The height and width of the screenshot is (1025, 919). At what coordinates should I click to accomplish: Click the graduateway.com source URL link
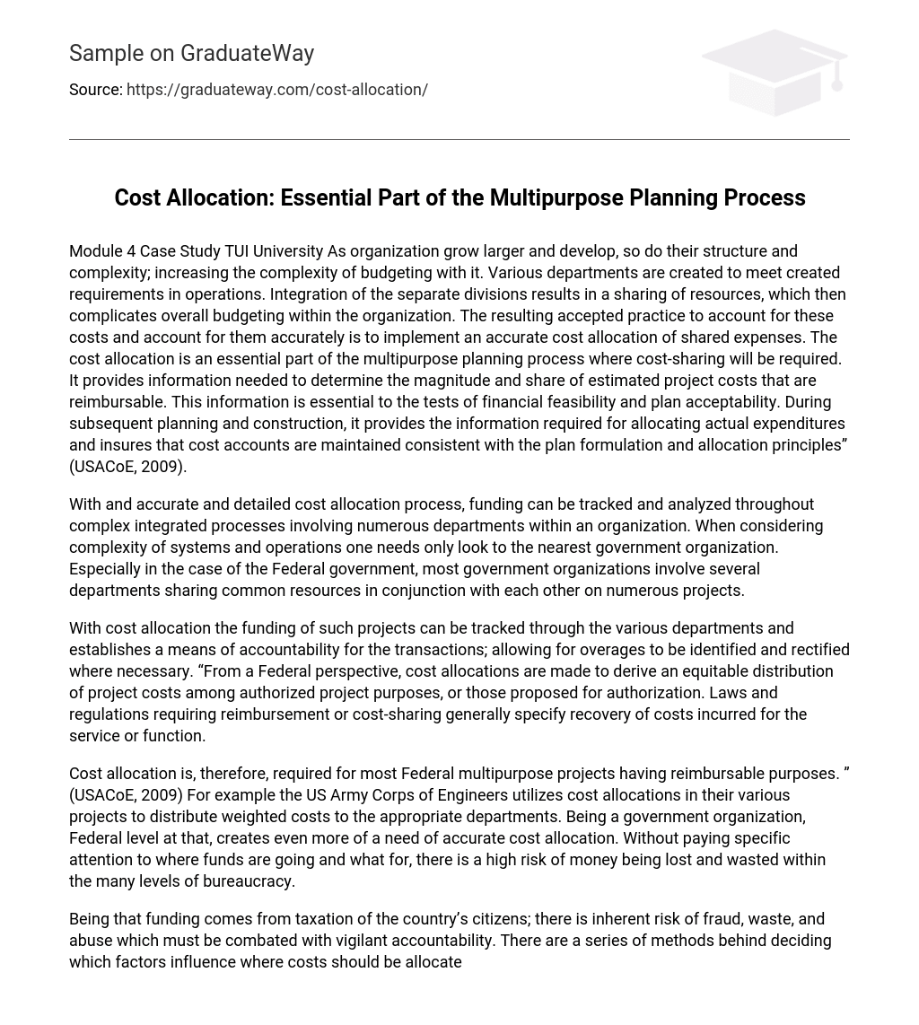point(277,90)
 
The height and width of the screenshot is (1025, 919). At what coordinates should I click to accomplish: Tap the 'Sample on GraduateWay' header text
point(191,54)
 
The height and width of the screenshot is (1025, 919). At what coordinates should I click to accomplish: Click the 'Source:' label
point(95,90)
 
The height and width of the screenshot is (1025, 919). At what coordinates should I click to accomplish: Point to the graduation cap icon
point(774,72)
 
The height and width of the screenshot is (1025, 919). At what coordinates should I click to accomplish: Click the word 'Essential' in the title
point(326,197)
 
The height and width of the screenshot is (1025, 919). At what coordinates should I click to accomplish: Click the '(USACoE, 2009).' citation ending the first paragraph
point(127,467)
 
